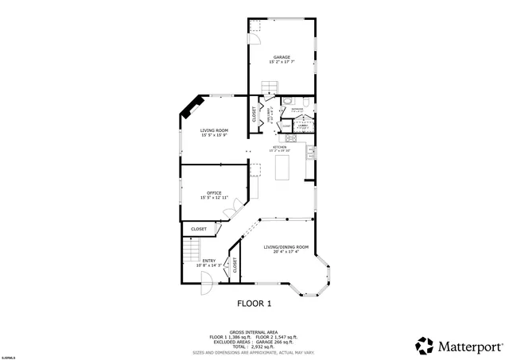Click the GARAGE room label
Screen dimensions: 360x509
coord(282,57)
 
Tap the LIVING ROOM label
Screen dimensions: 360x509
coord(214,131)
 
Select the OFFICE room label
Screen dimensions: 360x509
coord(214,192)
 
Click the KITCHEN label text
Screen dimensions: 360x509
coord(279,147)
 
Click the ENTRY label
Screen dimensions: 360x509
coord(208,261)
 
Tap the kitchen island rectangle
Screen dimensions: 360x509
coord(282,168)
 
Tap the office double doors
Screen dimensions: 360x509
coord(230,210)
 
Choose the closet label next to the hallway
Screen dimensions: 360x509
coord(254,114)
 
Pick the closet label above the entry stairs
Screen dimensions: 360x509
coord(199,229)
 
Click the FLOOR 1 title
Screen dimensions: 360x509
coord(254,304)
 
